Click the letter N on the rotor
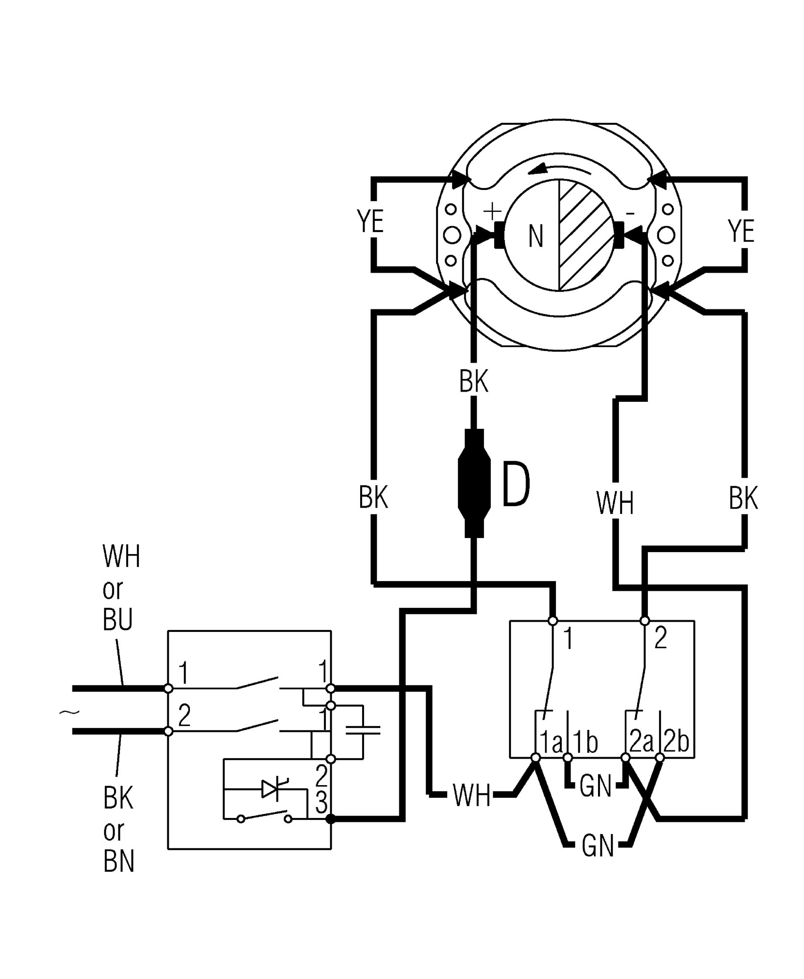(536, 237)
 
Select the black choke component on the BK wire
(474, 484)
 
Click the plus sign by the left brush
(492, 212)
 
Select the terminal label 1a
(551, 743)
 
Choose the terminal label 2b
(676, 743)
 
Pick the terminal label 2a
(642, 743)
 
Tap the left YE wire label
(370, 221)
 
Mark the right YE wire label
(741, 231)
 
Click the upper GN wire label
(596, 787)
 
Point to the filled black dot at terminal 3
(331, 819)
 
